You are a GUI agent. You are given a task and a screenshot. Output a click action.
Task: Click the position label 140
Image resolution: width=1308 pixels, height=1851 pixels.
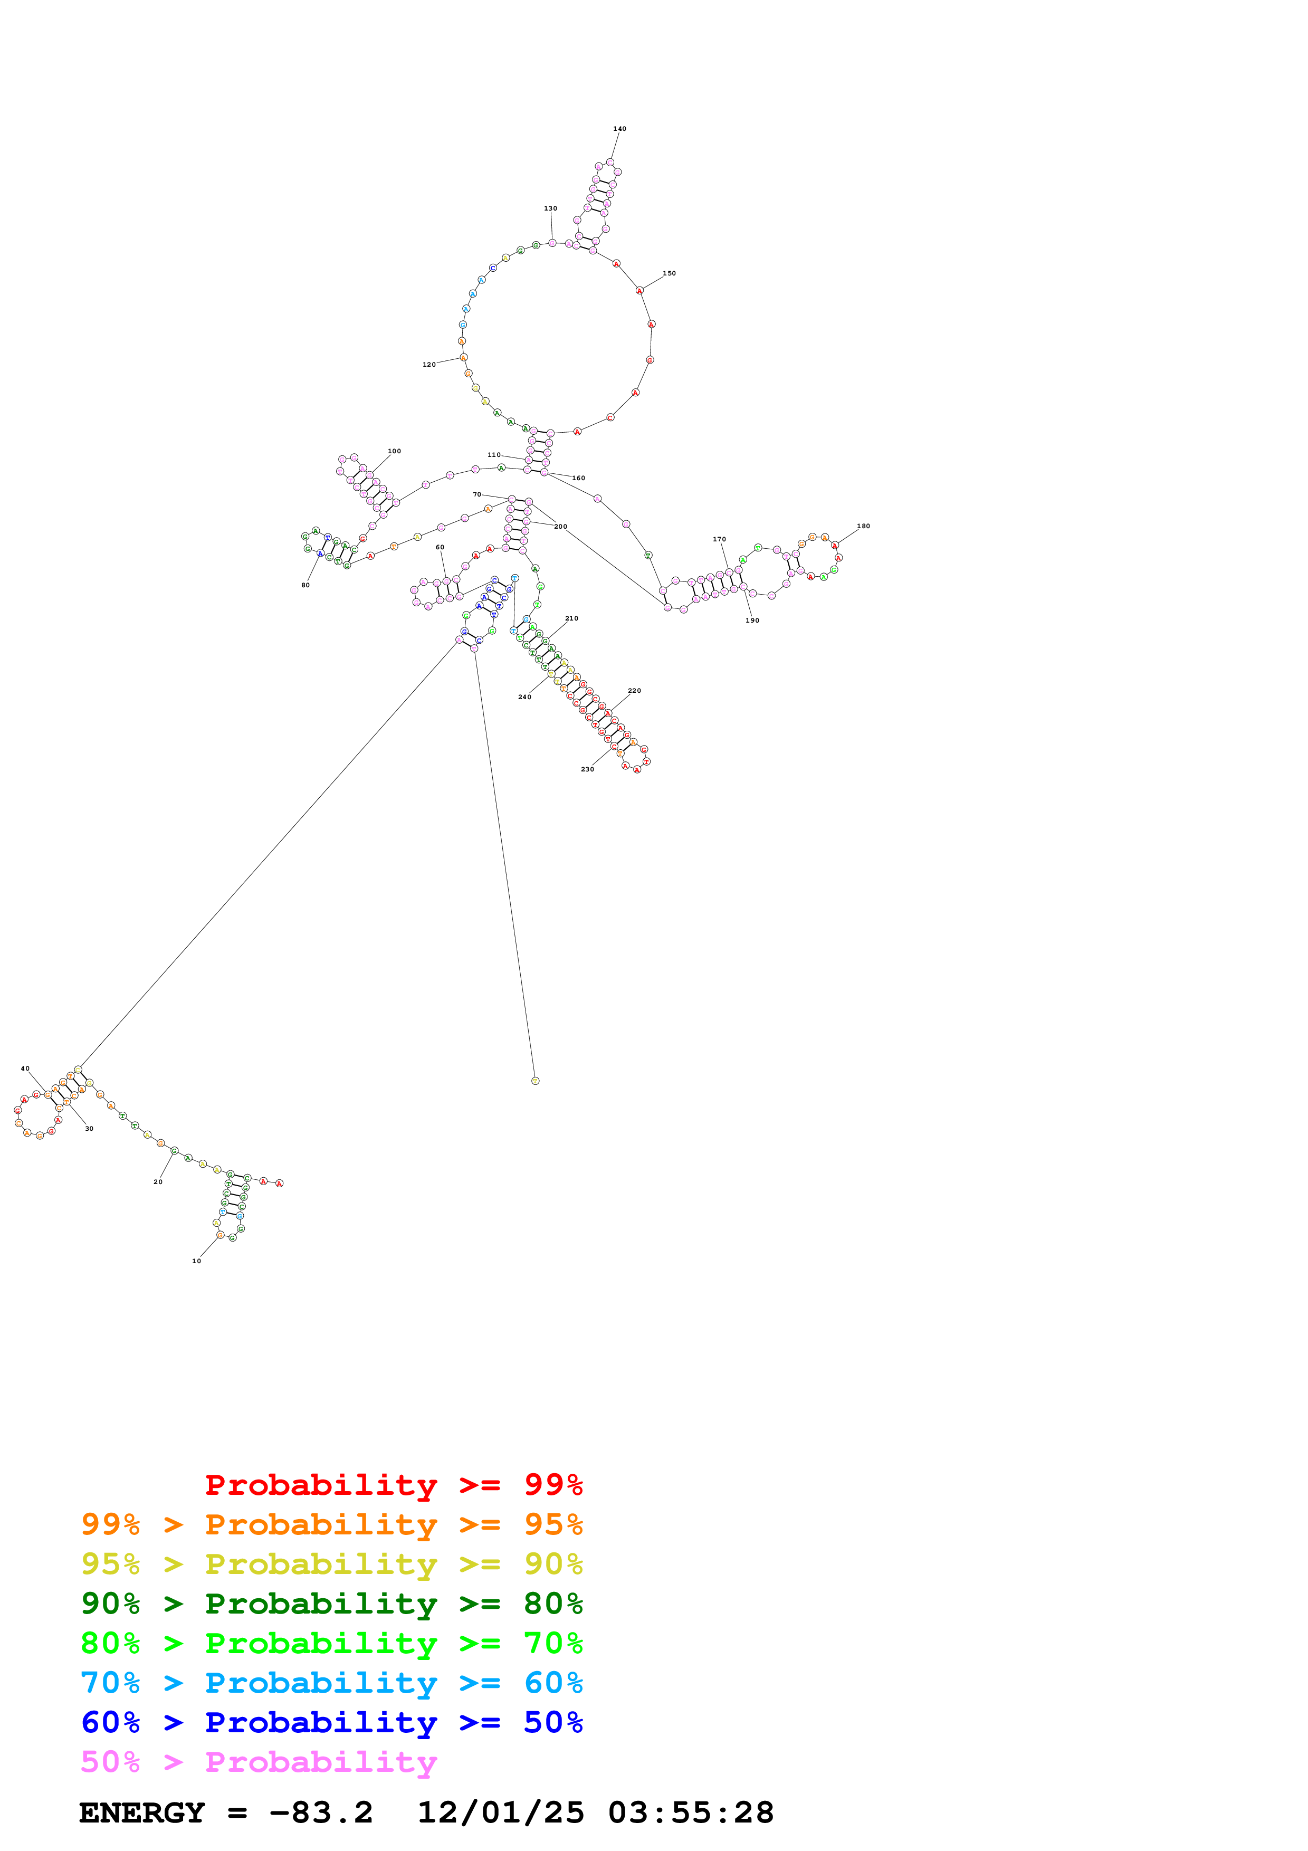619,129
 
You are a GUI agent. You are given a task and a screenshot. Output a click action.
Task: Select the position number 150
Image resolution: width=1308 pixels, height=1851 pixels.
669,273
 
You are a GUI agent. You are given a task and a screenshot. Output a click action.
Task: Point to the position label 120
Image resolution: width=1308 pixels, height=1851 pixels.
429,365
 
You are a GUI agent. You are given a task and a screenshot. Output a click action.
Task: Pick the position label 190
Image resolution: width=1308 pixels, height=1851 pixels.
752,621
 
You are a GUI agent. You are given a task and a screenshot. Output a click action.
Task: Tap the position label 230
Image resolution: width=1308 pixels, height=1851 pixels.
587,769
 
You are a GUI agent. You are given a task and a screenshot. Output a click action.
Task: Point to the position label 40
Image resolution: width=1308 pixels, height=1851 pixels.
25,1068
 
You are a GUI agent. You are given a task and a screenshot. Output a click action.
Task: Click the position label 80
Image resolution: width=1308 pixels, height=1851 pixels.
305,585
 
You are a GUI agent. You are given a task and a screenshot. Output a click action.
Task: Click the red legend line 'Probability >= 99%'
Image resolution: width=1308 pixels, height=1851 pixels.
393,1485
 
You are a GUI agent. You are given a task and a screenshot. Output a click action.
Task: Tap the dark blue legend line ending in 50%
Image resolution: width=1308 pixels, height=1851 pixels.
331,1722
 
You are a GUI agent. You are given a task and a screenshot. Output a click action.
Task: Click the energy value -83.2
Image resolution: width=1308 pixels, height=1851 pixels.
321,1812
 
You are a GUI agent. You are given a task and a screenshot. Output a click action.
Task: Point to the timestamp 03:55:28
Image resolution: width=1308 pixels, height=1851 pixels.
691,1812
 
